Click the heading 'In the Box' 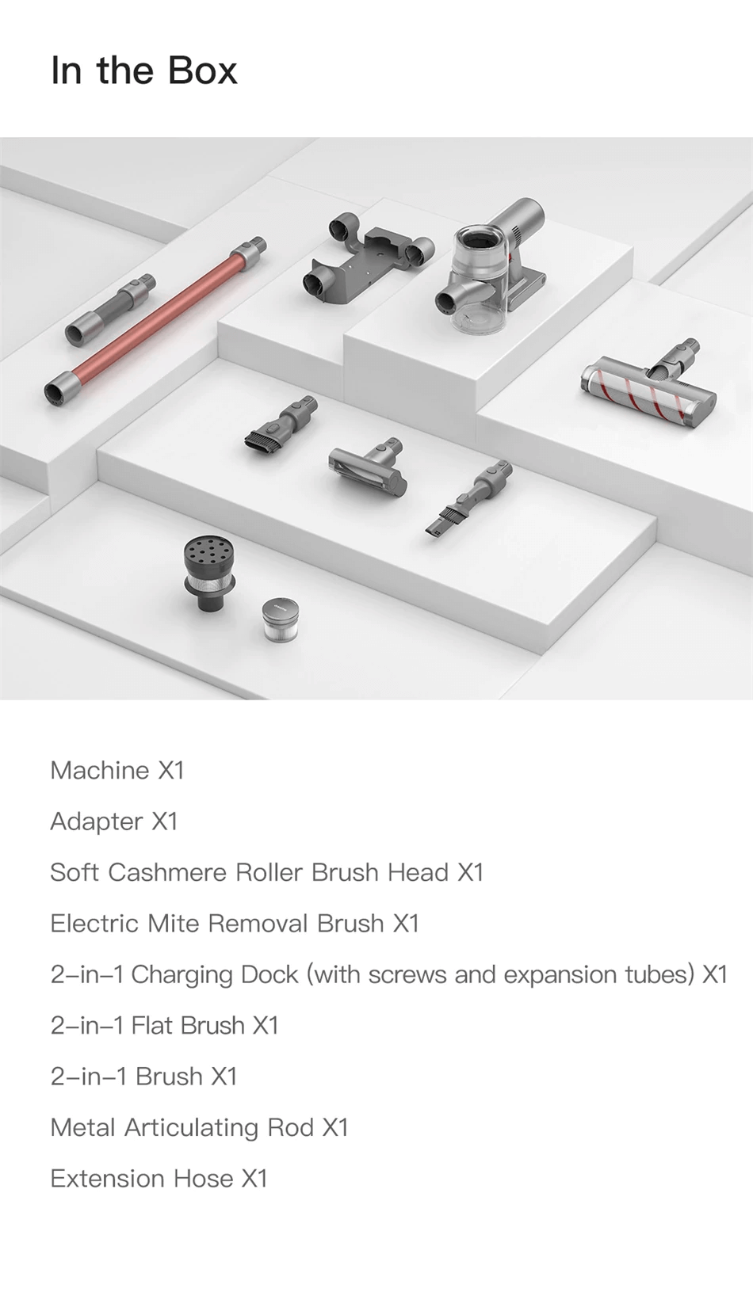pyautogui.click(x=144, y=71)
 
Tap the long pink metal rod pyautogui.click(x=155, y=321)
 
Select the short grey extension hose pyautogui.click(x=110, y=310)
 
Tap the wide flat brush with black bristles pyautogui.click(x=281, y=423)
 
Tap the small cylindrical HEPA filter pyautogui.click(x=281, y=619)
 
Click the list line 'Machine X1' pyautogui.click(x=117, y=771)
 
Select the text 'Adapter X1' pyautogui.click(x=114, y=821)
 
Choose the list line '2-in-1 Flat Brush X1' pyautogui.click(x=164, y=1026)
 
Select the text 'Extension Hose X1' pyautogui.click(x=159, y=1179)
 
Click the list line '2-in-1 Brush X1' pyautogui.click(x=144, y=1077)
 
